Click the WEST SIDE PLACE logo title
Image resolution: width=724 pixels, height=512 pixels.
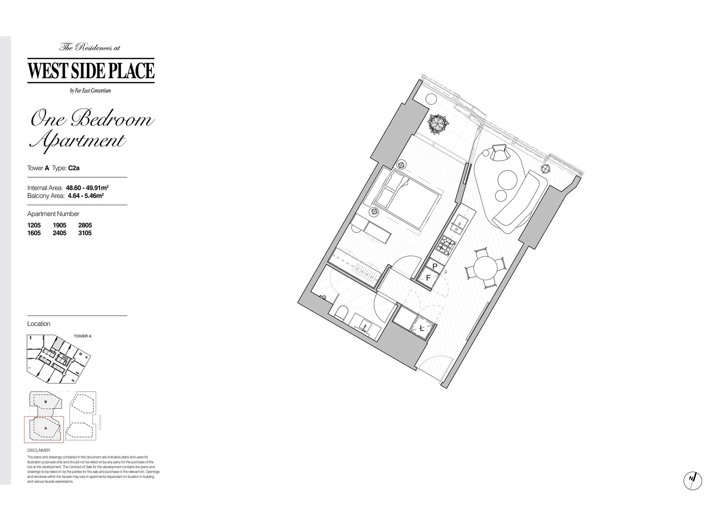tap(91, 70)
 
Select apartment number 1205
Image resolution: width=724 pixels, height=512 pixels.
tap(34, 225)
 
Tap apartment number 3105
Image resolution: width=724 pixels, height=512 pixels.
tap(85, 233)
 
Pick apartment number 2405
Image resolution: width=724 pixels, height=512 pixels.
tap(60, 233)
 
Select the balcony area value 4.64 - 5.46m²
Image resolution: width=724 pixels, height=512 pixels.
tap(86, 195)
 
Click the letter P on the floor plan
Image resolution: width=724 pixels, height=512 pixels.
tap(435, 266)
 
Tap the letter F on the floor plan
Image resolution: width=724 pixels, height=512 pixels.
tap(428, 278)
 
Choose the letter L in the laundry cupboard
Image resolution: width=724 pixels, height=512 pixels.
tap(422, 328)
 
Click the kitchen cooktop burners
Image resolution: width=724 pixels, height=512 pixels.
tap(446, 245)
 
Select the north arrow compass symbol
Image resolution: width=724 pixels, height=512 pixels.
tap(693, 480)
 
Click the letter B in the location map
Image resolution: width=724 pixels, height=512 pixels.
tap(45, 402)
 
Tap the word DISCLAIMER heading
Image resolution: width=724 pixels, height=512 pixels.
tap(38, 450)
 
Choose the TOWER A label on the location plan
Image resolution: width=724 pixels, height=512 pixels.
tap(82, 336)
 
